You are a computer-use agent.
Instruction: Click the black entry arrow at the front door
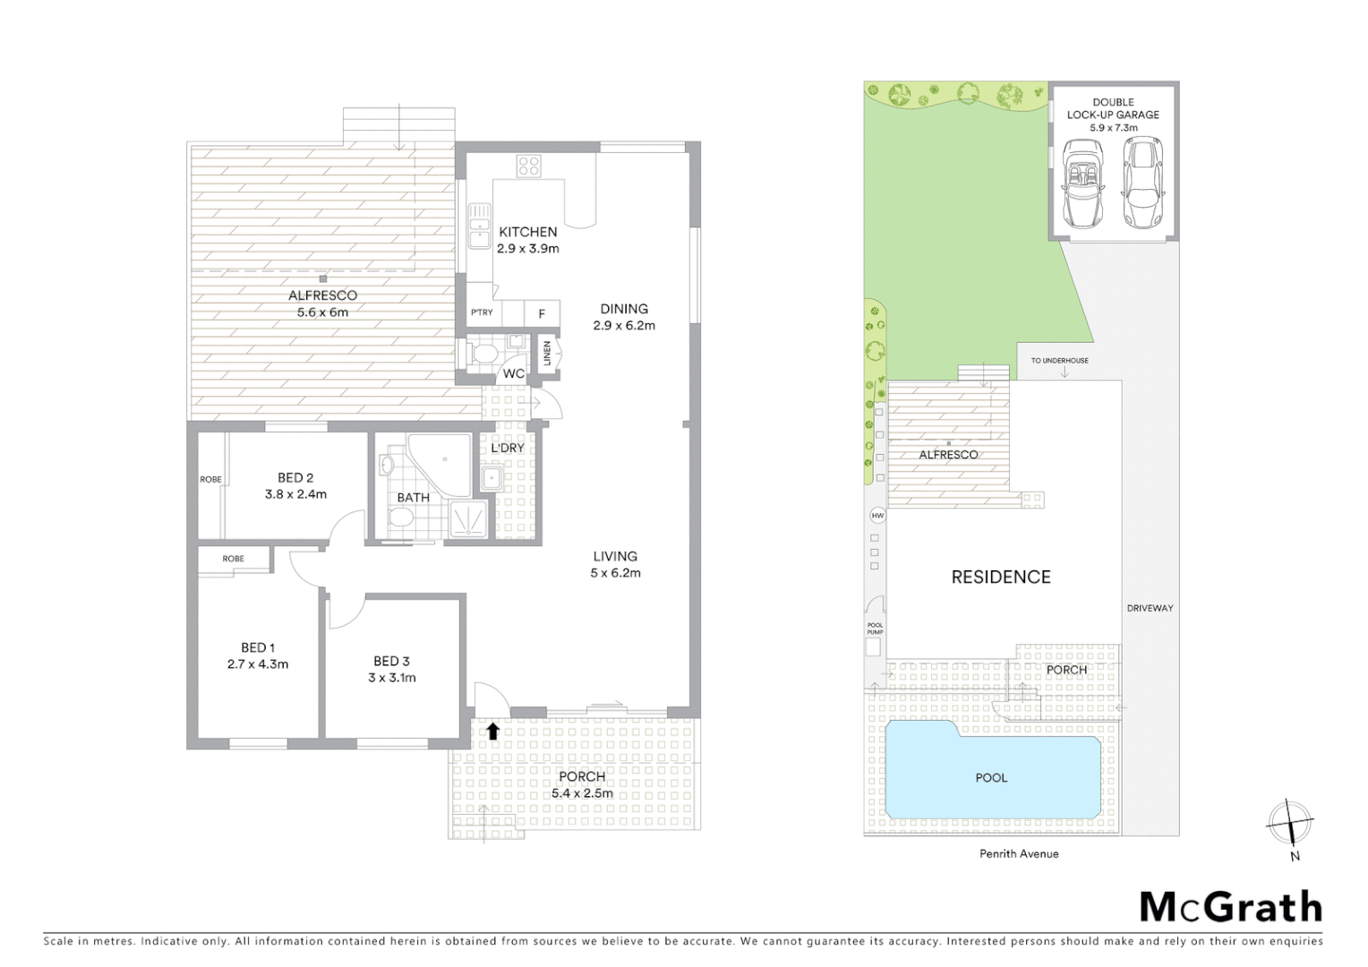(492, 731)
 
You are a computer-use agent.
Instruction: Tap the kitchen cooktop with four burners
(527, 166)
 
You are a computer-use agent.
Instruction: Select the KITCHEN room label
(527, 232)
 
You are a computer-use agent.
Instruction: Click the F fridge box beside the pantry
(541, 313)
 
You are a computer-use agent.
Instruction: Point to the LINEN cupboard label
(546, 354)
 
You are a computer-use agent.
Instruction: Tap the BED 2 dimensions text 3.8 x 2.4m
(295, 494)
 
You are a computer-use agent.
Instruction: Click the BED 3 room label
(391, 661)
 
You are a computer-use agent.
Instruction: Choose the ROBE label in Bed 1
(233, 559)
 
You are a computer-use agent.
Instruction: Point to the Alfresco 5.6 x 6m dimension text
(322, 312)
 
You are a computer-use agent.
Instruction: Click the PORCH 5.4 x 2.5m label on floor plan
(582, 784)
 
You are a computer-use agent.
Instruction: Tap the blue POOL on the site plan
(991, 777)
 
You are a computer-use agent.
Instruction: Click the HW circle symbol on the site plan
(877, 516)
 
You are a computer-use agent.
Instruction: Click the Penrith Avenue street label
(1019, 854)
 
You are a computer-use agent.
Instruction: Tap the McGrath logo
(1230, 907)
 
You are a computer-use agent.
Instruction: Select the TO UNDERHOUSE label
(1059, 361)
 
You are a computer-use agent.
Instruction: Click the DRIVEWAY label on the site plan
(1150, 608)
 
